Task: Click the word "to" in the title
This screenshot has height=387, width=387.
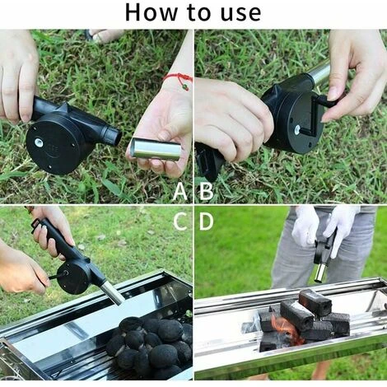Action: [x=199, y=13]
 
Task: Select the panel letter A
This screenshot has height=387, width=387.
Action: [x=180, y=191]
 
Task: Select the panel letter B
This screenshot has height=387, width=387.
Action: [x=206, y=191]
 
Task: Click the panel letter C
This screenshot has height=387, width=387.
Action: [x=180, y=221]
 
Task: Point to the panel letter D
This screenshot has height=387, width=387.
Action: [x=206, y=221]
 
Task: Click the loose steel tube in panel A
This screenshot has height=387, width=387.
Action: [x=155, y=149]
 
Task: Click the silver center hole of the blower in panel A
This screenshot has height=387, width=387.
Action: [x=38, y=142]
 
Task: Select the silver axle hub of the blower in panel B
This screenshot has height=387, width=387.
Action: [x=297, y=130]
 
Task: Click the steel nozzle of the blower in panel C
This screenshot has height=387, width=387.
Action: [x=113, y=293]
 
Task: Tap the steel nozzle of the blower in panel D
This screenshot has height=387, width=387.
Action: [x=320, y=273]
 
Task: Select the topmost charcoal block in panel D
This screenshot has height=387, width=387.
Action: [x=315, y=302]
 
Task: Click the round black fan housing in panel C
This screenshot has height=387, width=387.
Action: [x=73, y=277]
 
